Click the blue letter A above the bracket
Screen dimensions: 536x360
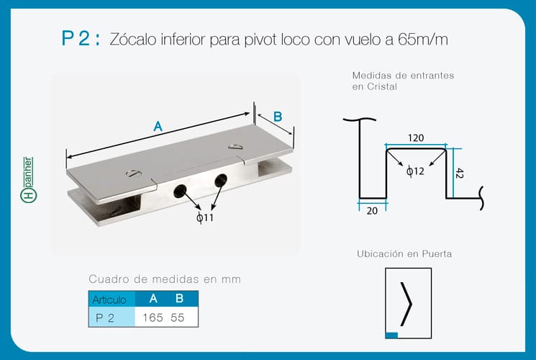[x=158, y=127]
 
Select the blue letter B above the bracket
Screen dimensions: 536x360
[x=278, y=117]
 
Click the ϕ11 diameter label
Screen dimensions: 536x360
[x=205, y=217]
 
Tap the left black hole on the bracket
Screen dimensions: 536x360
[x=180, y=192]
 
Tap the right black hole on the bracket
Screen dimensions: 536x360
[x=221, y=180]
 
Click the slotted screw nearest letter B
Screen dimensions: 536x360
[x=235, y=147]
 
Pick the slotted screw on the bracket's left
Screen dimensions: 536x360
[x=133, y=174]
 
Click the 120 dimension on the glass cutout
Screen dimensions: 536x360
[x=416, y=138]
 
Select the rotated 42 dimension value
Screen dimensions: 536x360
[x=460, y=173]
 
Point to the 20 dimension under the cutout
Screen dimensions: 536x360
[x=372, y=211]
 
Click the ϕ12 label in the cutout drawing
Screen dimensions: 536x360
[x=415, y=171]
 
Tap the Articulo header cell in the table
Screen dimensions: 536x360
[x=109, y=300]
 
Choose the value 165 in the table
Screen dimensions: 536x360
[x=153, y=318]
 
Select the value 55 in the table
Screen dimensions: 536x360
[x=178, y=318]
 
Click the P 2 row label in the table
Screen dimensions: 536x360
[x=105, y=318]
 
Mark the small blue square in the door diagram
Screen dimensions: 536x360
[x=391, y=336]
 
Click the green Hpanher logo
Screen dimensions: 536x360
[x=28, y=180]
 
